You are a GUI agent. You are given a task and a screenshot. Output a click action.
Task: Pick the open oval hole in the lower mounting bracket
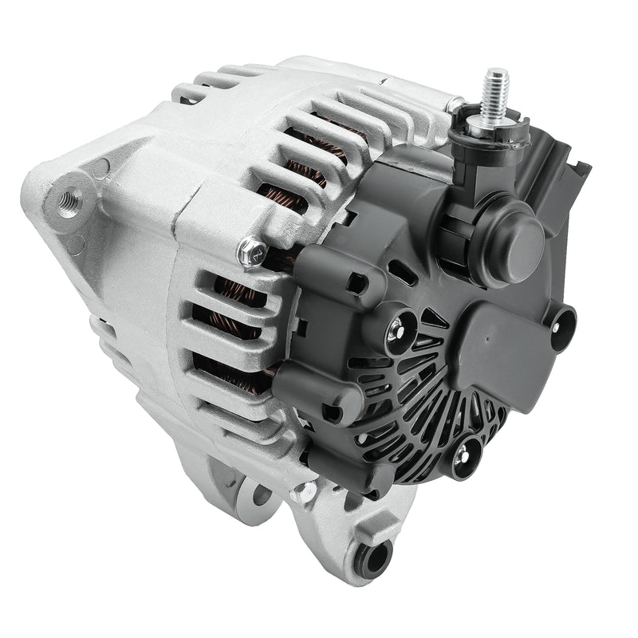click(x=261, y=496)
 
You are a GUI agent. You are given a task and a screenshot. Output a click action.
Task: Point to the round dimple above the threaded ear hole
click(x=100, y=167)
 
